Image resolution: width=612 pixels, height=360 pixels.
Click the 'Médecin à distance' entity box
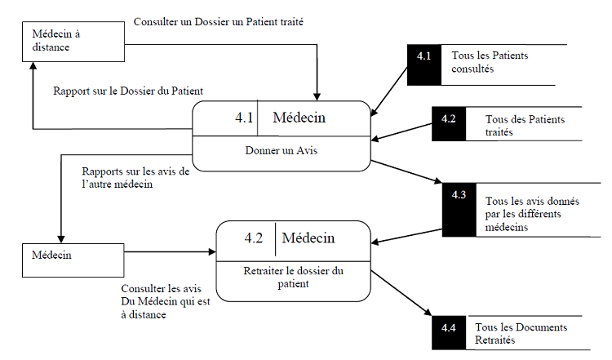(x=69, y=41)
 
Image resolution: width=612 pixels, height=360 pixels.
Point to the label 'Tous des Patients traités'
(x=524, y=125)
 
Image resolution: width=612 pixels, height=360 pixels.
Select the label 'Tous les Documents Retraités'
(x=521, y=333)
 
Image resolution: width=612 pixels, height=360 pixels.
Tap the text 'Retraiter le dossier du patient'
(x=293, y=277)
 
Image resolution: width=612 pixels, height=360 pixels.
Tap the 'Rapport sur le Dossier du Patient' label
(x=127, y=91)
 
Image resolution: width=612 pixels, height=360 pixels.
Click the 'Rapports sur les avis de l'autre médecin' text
(x=135, y=178)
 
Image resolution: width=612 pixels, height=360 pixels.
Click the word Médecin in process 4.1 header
(x=299, y=118)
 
